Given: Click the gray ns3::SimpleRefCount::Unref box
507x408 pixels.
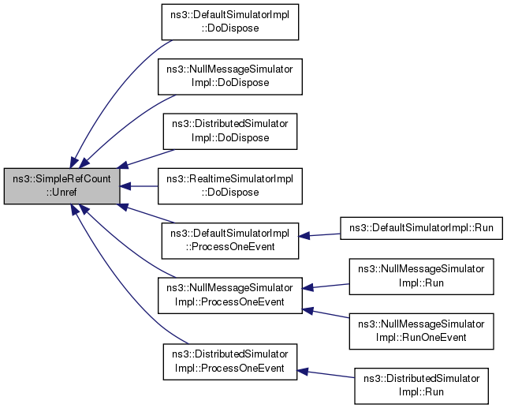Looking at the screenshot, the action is [x=62, y=186].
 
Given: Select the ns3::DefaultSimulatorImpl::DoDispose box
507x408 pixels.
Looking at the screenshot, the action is [x=230, y=22].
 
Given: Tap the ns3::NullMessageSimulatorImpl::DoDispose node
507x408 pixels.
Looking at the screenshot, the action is [x=230, y=77].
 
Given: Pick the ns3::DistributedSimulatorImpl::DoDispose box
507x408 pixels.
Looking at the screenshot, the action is [x=230, y=131].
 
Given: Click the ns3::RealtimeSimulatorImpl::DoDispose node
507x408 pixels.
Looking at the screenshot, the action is [x=230, y=186].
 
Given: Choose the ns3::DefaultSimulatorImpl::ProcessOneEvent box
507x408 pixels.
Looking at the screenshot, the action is [x=230, y=241].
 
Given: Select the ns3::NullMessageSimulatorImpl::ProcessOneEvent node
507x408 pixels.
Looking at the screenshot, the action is [x=230, y=295].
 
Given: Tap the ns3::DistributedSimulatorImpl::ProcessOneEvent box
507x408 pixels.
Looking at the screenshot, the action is [x=230, y=361].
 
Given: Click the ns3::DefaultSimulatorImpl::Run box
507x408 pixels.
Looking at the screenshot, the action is [x=421, y=228].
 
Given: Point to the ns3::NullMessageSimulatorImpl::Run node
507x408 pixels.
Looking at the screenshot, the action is [x=421, y=277].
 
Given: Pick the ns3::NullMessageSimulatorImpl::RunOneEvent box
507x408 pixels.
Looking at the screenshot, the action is [x=421, y=331].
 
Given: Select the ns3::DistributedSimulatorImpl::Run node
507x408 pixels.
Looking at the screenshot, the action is [x=421, y=386].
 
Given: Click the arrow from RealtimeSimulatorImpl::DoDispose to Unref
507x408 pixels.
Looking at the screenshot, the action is [x=139, y=186].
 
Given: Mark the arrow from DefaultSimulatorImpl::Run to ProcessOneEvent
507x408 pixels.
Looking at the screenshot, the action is [x=319, y=235].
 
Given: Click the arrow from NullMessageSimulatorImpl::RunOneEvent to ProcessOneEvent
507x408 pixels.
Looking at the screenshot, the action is [x=326, y=313].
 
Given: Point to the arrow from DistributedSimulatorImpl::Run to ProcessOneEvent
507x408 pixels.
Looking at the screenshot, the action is [x=326, y=374].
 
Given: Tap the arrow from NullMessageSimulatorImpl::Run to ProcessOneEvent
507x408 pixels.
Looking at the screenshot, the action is [x=326, y=286].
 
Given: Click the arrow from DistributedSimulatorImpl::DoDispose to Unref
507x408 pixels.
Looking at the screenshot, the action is [x=146, y=159].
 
